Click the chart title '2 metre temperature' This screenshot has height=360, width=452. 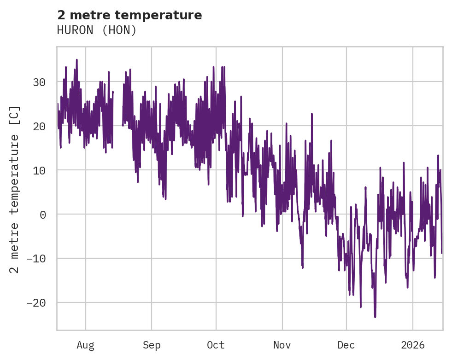pos(129,15)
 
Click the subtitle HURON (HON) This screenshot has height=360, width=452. pos(97,30)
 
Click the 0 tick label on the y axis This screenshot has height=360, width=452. pos(42,215)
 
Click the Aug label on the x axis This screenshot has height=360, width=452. pos(85,345)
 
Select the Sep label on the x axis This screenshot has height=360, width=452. pos(151,345)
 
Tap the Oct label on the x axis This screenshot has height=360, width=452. pos(216,345)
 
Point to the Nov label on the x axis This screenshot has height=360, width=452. pos(282,345)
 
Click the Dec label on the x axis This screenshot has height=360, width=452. pos(346,345)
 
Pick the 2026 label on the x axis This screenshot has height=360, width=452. pos(412,345)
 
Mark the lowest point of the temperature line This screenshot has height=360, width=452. pos(375,317)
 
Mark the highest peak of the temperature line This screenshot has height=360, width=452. pos(77,60)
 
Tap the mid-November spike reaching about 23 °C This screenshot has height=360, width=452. pos(312,114)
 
